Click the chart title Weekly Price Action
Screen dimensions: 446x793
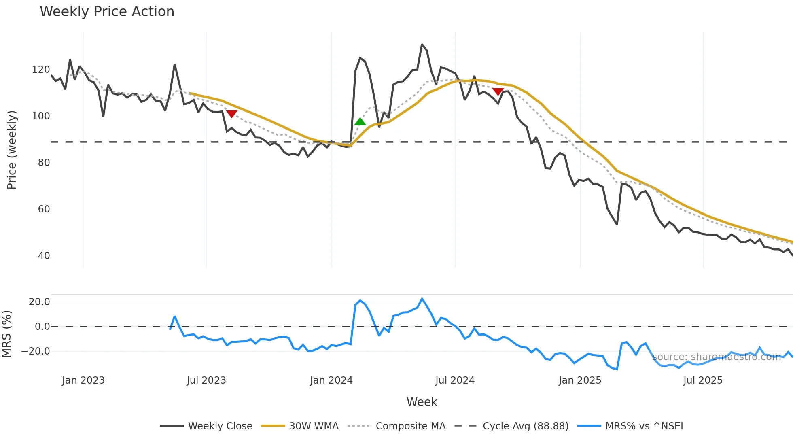107,12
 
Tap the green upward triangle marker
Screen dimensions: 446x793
360,121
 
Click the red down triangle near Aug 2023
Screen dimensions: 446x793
231,114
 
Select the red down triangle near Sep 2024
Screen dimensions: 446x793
498,91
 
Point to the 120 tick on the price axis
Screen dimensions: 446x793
41,70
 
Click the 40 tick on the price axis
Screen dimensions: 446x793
44,256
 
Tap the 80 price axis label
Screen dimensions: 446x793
44,163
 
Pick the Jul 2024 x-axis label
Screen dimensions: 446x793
455,380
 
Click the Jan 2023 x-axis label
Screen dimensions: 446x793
83,380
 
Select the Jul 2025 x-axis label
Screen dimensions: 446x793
703,380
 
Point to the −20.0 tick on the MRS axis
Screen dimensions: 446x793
36,351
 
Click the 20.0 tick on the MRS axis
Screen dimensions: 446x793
39,302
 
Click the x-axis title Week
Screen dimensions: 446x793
422,402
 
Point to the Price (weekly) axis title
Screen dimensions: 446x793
12,150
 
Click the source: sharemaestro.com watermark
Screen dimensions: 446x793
716,357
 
